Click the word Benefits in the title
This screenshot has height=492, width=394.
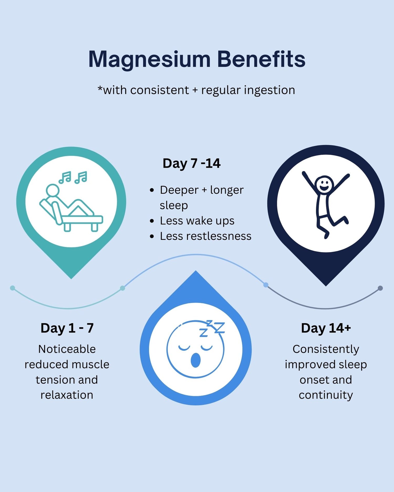point(261,59)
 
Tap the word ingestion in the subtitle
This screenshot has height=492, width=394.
point(269,90)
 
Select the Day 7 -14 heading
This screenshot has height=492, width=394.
point(191,163)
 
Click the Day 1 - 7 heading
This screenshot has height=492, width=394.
point(67,328)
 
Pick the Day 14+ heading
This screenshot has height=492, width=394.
point(326,328)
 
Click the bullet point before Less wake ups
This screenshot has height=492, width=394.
point(152,221)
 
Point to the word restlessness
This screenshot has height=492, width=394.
point(219,236)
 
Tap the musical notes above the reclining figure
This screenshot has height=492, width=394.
point(73,178)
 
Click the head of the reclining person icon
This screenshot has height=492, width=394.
point(53,190)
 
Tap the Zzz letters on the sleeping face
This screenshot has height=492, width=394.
point(212,328)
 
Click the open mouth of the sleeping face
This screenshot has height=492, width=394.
point(195,360)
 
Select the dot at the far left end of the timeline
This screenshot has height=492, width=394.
point(12,288)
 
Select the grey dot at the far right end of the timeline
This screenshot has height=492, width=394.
point(380,288)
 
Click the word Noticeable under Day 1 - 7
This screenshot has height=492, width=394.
point(67,349)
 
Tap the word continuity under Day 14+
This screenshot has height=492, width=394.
point(326,395)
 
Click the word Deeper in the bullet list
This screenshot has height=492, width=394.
point(179,190)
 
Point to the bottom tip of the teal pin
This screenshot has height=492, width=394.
point(71,278)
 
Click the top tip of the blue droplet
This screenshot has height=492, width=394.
point(195,272)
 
